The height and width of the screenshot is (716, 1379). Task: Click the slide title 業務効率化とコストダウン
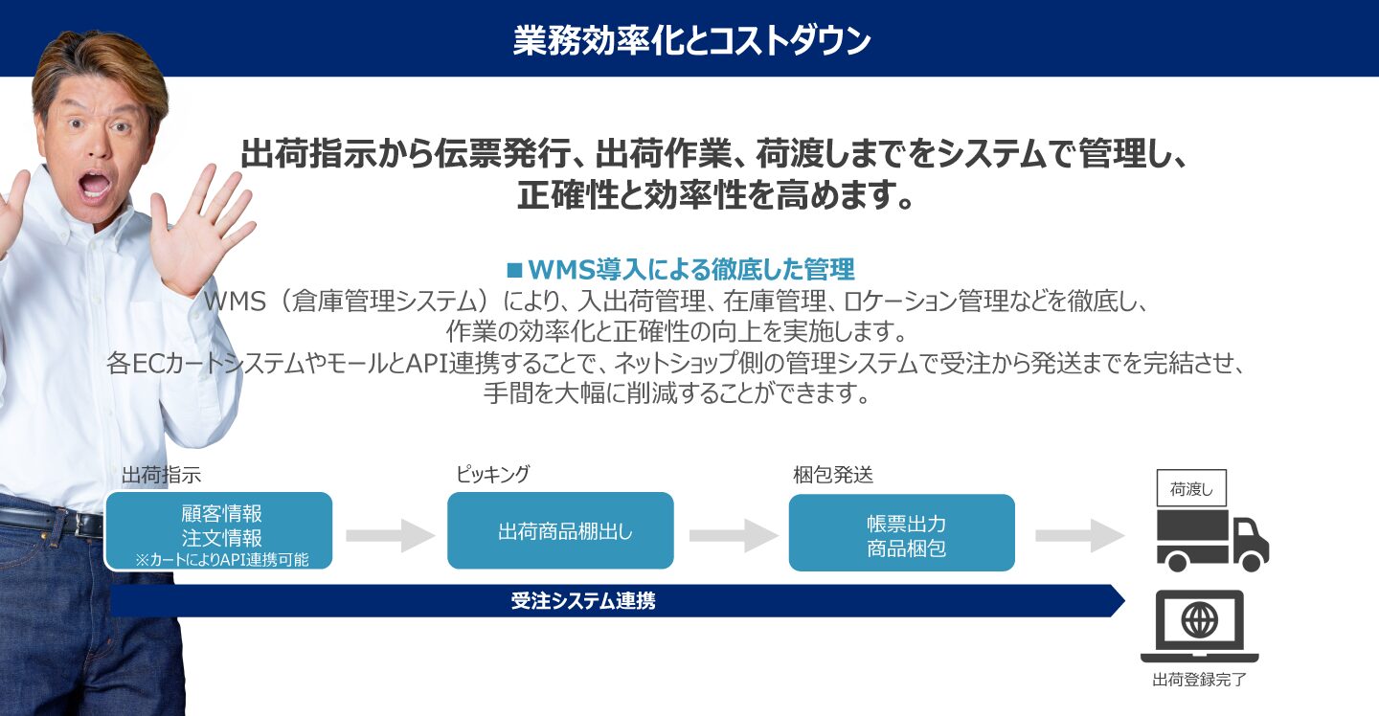click(691, 40)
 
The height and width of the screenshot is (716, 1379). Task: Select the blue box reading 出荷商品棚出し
click(560, 530)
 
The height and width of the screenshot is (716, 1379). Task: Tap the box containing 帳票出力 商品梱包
click(902, 533)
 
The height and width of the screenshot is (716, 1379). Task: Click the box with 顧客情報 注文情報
click(219, 530)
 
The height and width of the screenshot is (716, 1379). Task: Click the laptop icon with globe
click(1199, 626)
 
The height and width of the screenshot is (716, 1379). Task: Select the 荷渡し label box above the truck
click(1191, 488)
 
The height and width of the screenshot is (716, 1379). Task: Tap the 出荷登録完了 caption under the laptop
click(1199, 680)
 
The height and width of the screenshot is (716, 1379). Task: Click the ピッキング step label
click(492, 474)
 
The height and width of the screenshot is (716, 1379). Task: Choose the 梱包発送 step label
click(833, 475)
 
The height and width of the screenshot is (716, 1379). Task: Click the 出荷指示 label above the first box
click(161, 475)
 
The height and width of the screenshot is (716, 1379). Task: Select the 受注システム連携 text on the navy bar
click(583, 600)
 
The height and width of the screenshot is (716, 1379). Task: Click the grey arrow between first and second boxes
click(391, 535)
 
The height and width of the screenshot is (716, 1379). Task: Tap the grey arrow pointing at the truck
click(1080, 535)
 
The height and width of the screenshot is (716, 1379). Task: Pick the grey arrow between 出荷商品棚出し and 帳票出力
click(734, 535)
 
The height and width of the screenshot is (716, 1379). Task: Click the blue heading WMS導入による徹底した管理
click(690, 269)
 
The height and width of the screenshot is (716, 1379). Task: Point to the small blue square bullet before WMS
click(514, 269)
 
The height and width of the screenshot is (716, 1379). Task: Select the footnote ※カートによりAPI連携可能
click(221, 559)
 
